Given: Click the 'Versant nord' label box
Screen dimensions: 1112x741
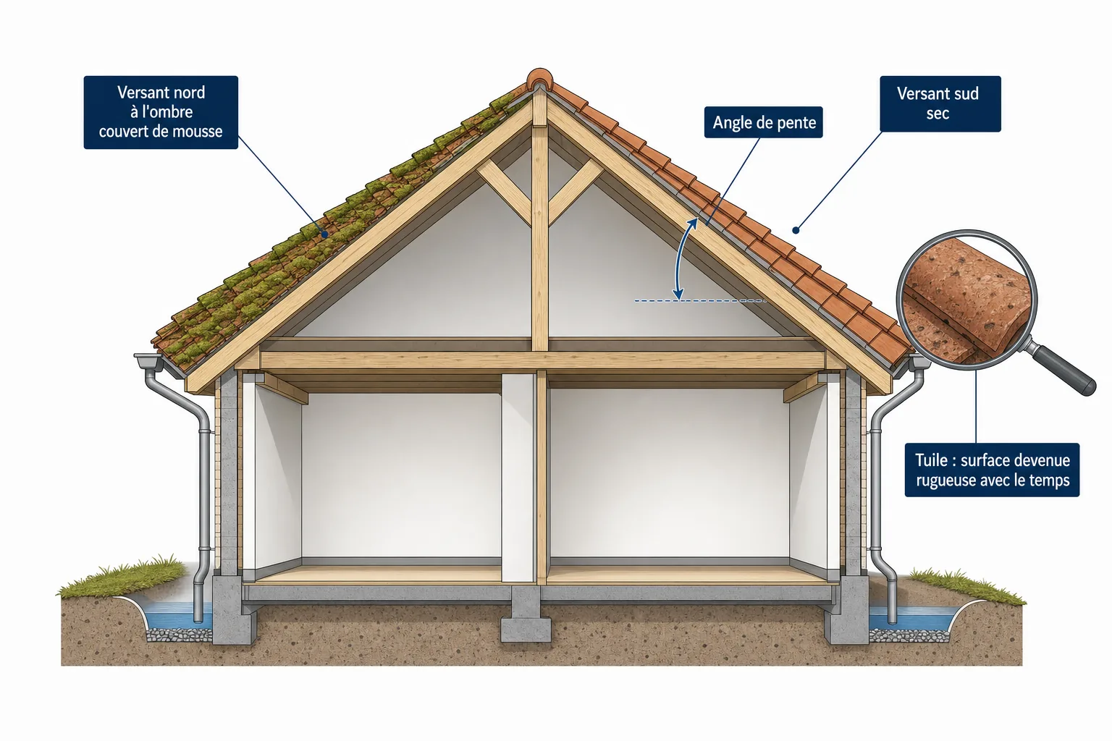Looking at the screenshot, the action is pos(161,112).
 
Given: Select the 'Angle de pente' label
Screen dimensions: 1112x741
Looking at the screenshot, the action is pos(764,122).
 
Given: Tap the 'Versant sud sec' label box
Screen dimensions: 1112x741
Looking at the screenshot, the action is pos(940,103).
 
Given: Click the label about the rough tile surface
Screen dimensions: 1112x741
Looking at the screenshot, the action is pos(992,470).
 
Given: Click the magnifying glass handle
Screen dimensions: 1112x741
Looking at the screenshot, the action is pos(1065,369).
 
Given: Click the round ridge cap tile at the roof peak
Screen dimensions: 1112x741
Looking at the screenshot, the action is pos(539,78).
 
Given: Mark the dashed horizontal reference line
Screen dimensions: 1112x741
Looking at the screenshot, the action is pos(700,301).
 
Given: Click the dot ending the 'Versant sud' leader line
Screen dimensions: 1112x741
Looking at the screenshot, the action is pos(796,230).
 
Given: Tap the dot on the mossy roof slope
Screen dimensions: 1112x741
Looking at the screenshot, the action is pos(325,234).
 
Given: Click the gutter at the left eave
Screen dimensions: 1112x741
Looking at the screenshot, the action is pos(148,360).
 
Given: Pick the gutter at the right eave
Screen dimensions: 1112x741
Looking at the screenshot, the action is pos(919,361).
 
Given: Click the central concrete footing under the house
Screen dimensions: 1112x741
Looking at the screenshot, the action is pos(526,615).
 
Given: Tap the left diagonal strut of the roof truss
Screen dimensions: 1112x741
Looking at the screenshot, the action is pos(504,192).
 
